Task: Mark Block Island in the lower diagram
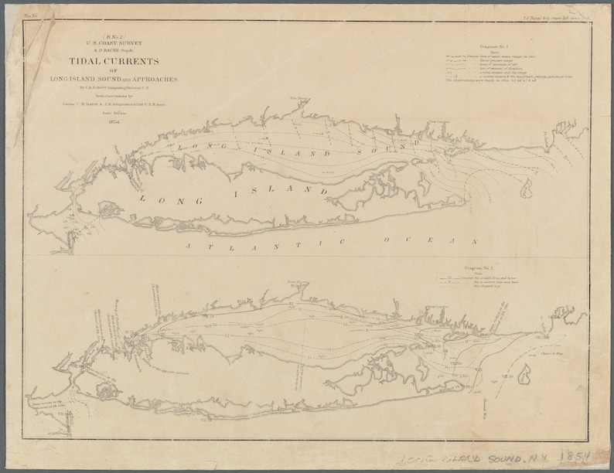tap(525, 376)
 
